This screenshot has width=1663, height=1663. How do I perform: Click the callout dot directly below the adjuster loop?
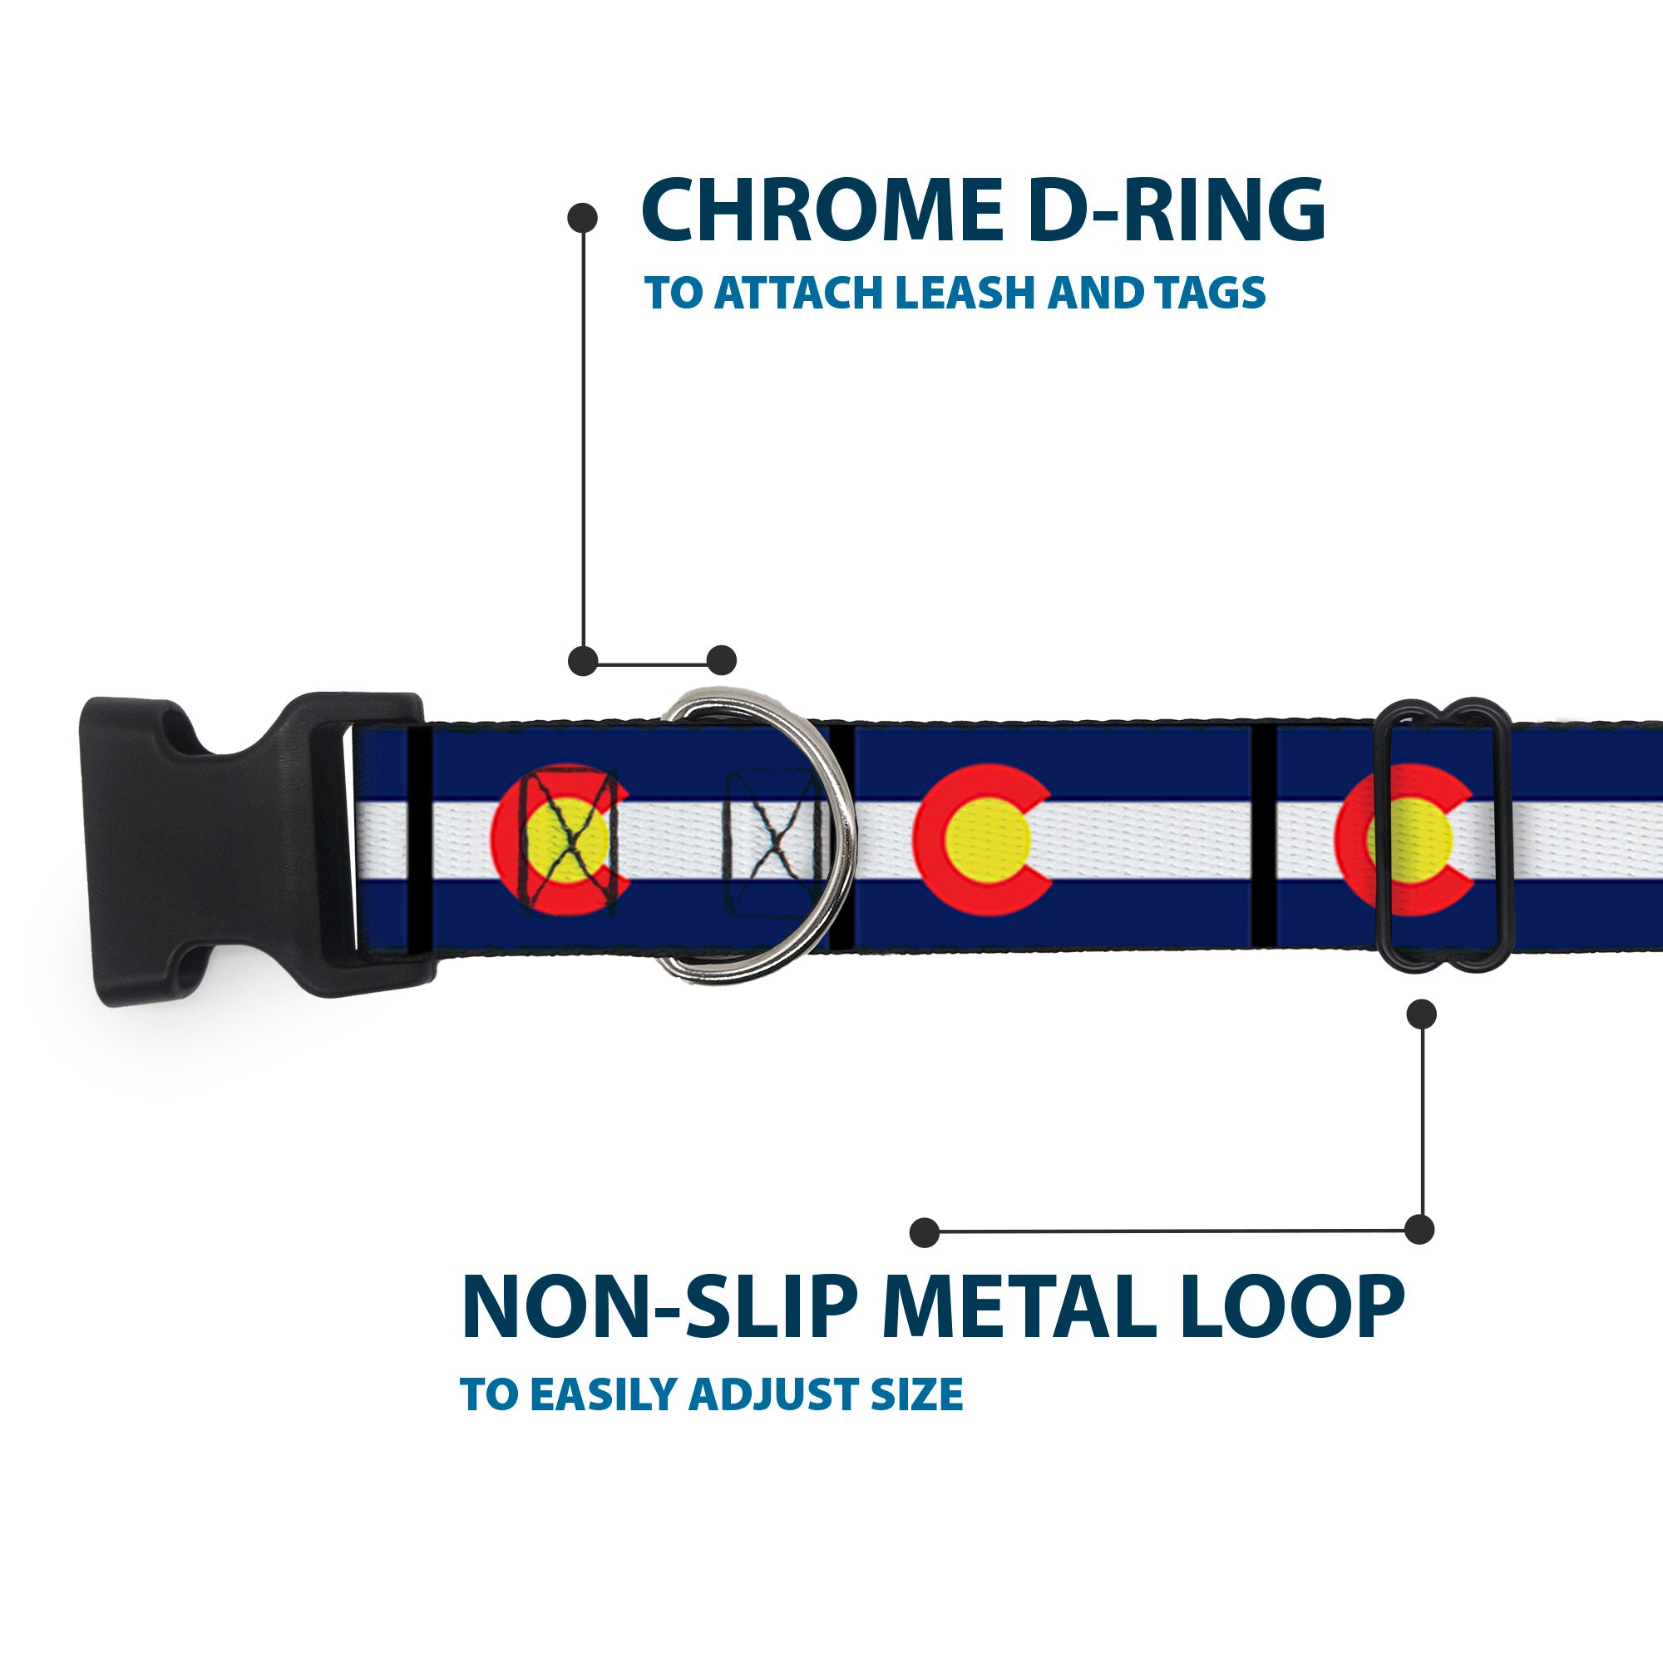[1421, 1014]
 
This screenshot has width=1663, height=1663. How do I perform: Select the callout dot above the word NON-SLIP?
[925, 1231]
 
